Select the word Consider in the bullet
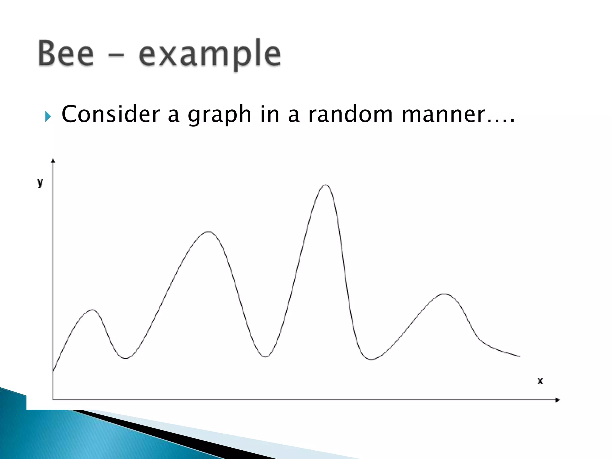(x=111, y=114)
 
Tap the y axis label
(x=40, y=182)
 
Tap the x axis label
(x=540, y=381)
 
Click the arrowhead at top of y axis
(x=53, y=161)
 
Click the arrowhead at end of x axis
(x=557, y=400)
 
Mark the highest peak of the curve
(x=325, y=185)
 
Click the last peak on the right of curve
(x=445, y=294)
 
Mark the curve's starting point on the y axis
(x=53, y=371)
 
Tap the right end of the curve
(x=520, y=357)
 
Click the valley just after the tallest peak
(x=371, y=359)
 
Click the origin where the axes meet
(x=53, y=400)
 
